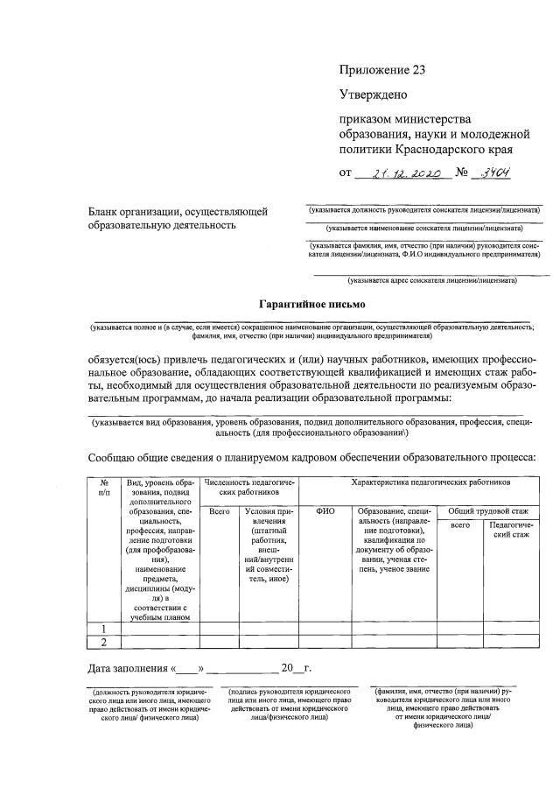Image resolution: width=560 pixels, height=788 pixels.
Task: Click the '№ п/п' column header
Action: pyautogui.click(x=104, y=488)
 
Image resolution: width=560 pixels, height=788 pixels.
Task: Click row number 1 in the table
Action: pyautogui.click(x=104, y=628)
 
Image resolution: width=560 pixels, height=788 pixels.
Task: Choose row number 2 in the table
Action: pyautogui.click(x=104, y=643)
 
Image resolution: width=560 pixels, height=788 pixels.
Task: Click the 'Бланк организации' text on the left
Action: pyautogui.click(x=178, y=218)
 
